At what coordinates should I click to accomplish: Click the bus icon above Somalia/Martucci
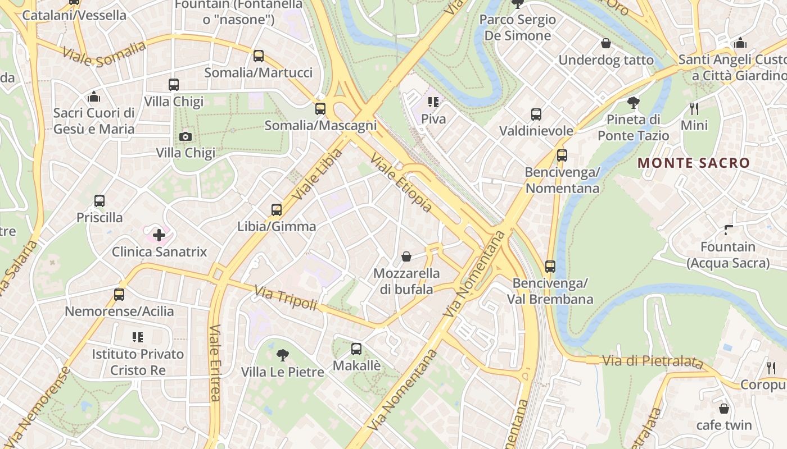[259, 56]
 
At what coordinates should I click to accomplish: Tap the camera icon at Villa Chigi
[185, 136]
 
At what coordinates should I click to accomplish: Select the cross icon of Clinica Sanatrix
[159, 235]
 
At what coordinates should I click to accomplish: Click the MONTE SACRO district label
[694, 163]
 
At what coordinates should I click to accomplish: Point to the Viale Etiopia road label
[401, 184]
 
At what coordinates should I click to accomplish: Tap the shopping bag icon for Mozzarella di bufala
[406, 257]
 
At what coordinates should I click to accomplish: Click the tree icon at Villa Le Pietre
[283, 355]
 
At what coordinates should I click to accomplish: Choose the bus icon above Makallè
[356, 349]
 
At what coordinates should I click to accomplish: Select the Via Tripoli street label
[286, 298]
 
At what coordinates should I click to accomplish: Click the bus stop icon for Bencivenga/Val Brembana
[550, 267]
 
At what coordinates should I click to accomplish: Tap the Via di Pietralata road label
[652, 361]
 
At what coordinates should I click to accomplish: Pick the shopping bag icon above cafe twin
[724, 408]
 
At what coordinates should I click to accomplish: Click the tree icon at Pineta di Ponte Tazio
[634, 102]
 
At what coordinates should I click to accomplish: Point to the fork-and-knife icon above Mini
[694, 108]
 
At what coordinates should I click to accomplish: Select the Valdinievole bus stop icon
[536, 114]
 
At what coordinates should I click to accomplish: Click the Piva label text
[433, 119]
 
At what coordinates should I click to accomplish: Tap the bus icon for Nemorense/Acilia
[119, 295]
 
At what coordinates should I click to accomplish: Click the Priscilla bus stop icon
[99, 201]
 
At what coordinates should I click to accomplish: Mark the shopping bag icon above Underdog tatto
[606, 43]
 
